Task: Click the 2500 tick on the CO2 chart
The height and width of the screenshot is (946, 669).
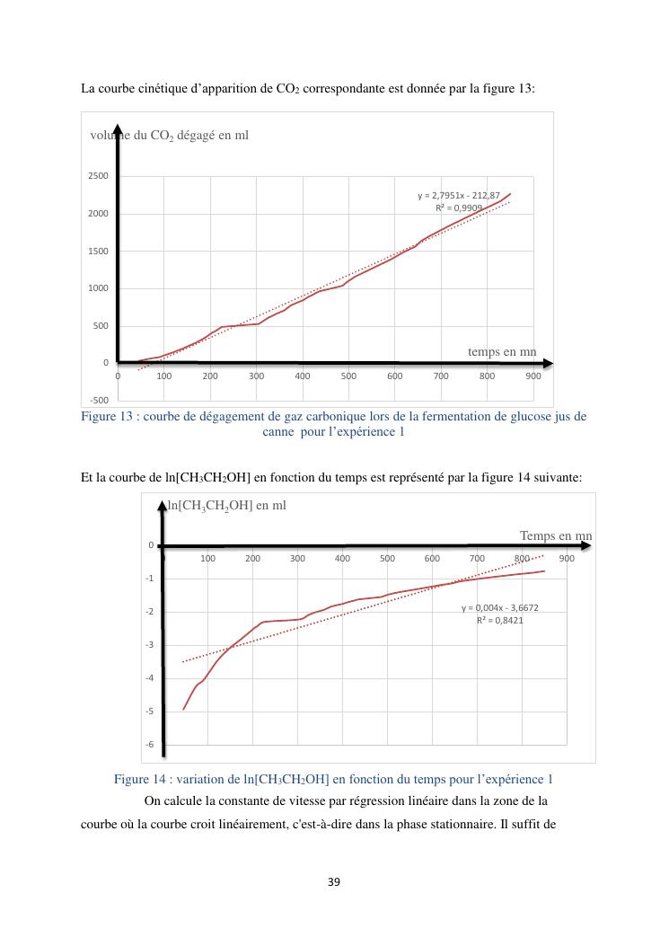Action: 99,175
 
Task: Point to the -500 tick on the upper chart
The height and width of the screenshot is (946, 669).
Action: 99,400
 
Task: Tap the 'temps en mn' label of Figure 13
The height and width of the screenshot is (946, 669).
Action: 502,351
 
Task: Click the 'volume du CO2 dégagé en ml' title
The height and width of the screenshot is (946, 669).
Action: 170,135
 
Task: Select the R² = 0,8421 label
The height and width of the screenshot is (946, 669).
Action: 500,620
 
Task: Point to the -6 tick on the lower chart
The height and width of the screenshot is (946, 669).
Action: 151,744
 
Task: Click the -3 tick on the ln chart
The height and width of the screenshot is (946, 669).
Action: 151,645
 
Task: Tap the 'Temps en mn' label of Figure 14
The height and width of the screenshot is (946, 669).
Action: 556,536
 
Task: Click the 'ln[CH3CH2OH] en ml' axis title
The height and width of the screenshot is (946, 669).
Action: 227,505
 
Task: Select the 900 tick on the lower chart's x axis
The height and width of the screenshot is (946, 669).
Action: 567,558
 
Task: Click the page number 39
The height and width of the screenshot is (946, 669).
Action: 334,881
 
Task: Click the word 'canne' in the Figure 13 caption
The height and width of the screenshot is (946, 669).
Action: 279,431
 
